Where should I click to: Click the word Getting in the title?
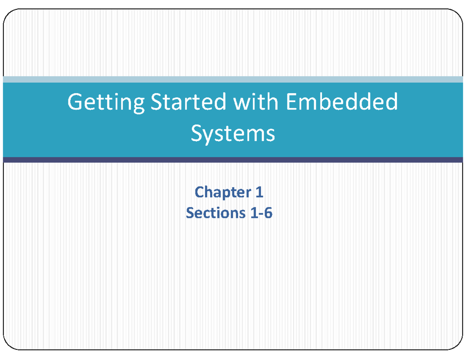pos(106,103)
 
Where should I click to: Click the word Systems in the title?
pos(233,134)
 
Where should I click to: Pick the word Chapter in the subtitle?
pos(223,192)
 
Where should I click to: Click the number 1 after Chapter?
pos(259,192)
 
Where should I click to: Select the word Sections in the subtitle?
pos(216,213)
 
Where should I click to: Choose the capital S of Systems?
pos(196,133)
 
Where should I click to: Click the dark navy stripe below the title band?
pos(233,160)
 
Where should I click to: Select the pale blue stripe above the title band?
pos(233,79)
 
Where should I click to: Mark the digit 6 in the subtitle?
pos(268,213)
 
